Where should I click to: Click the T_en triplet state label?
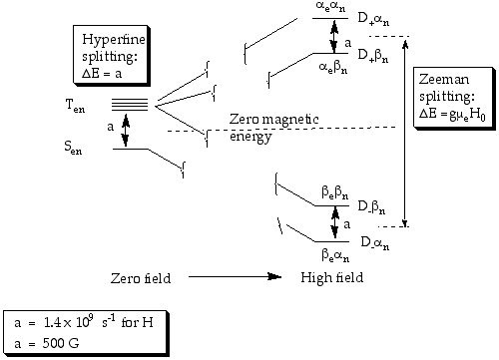[75, 107]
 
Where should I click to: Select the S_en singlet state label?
[73, 148]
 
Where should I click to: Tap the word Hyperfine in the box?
[114, 40]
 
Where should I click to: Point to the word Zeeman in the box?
[444, 80]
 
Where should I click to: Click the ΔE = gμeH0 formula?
[452, 115]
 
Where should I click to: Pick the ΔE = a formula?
[102, 74]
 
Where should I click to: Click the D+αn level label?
[373, 19]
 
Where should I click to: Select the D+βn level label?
[373, 55]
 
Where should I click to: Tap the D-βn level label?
[372, 206]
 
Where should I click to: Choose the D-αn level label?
[375, 243]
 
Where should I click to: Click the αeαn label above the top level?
[330, 7]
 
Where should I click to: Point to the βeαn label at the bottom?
[335, 255]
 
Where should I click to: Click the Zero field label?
[141, 278]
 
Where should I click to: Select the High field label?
[332, 277]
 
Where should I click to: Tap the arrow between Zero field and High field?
[236, 276]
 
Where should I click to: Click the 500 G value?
[61, 343]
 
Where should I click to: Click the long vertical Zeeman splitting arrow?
[405, 134]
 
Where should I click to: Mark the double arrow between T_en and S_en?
[126, 130]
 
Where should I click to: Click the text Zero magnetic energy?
[274, 128]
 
